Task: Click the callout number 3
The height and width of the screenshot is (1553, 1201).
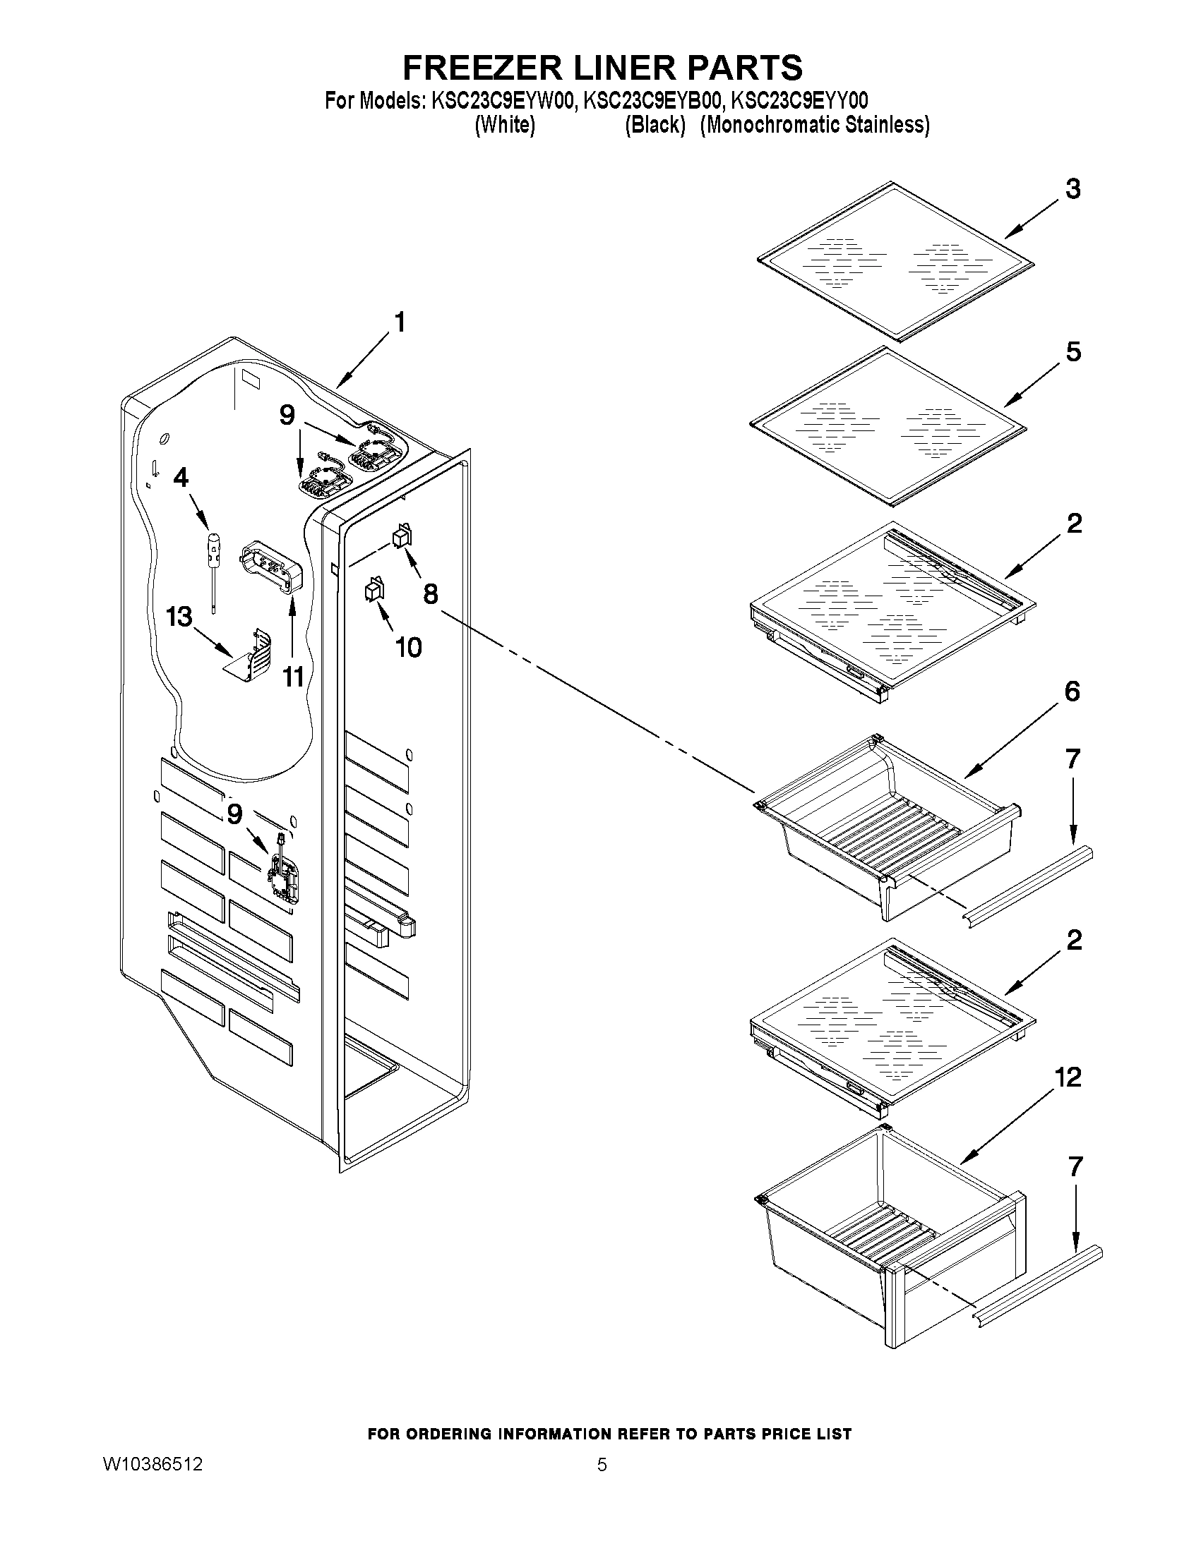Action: coord(1073,190)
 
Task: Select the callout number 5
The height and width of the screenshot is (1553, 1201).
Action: coord(1073,352)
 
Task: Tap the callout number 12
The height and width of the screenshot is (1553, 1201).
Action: coord(1068,1077)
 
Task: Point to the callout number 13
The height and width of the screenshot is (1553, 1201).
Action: coord(179,617)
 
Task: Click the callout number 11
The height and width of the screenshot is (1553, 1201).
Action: coord(293,677)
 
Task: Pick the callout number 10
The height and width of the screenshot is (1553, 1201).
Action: coord(408,647)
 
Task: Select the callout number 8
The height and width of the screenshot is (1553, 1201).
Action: coord(431,593)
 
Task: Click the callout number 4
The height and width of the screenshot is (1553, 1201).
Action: coord(181,478)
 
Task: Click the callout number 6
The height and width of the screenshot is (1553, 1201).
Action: coord(1072,691)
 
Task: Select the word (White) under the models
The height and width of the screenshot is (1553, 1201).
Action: coord(504,125)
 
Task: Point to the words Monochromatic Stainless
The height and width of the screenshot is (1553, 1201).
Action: coord(815,125)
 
